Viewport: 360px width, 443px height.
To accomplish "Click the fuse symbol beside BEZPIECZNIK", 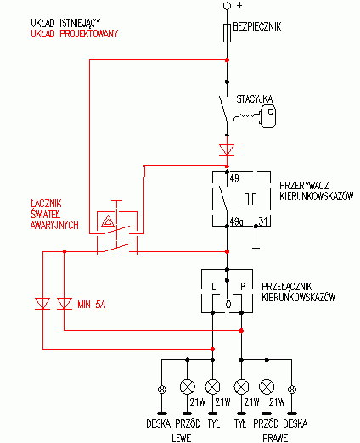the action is click(x=227, y=33).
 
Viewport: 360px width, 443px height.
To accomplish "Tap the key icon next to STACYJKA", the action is click(x=255, y=116).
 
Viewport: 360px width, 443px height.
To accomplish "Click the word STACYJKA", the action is click(x=255, y=99).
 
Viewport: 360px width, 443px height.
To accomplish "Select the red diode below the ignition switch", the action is click(x=227, y=150).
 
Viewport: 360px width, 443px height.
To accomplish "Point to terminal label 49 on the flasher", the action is click(x=234, y=178).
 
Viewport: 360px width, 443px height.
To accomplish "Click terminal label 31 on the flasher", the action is click(x=263, y=221).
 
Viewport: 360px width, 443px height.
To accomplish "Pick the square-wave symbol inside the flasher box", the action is click(x=249, y=199).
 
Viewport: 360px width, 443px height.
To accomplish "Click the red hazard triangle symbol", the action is click(x=108, y=221).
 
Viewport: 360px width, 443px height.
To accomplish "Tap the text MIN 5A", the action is click(x=92, y=305).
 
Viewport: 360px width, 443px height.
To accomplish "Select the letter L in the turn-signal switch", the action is click(x=214, y=287).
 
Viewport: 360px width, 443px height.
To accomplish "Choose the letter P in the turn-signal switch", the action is click(x=243, y=287).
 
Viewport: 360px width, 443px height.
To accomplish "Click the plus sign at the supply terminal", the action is click(x=239, y=5).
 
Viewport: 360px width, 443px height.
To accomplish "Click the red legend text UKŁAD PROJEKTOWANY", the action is click(x=75, y=34).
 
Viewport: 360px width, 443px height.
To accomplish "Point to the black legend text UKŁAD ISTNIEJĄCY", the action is click(x=65, y=23).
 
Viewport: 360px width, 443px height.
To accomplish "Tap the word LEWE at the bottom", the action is click(x=182, y=438).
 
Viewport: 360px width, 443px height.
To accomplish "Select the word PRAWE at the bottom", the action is click(x=275, y=438).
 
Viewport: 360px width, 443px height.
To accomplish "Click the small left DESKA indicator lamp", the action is click(x=162, y=390).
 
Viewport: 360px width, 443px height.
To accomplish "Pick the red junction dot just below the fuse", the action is click(x=227, y=60).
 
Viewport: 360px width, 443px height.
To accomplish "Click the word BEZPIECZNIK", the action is click(x=257, y=26).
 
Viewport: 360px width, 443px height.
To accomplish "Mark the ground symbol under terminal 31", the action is click(x=256, y=238).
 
